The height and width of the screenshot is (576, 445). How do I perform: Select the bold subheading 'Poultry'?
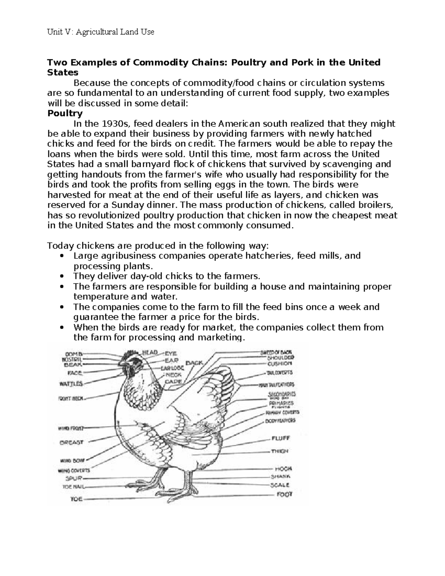click(x=65, y=113)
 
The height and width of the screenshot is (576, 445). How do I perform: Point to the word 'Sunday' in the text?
click(x=129, y=205)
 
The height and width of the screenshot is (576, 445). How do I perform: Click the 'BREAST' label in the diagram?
click(x=72, y=442)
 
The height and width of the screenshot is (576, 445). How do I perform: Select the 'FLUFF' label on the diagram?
click(x=281, y=438)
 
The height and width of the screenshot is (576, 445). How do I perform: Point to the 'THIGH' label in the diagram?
click(x=280, y=451)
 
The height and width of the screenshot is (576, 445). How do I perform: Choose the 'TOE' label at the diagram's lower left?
click(x=76, y=499)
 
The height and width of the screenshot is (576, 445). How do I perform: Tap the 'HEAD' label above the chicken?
click(x=150, y=352)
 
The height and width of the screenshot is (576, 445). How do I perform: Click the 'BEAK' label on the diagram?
click(x=73, y=364)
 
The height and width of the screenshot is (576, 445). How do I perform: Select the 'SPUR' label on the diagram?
click(x=73, y=478)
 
